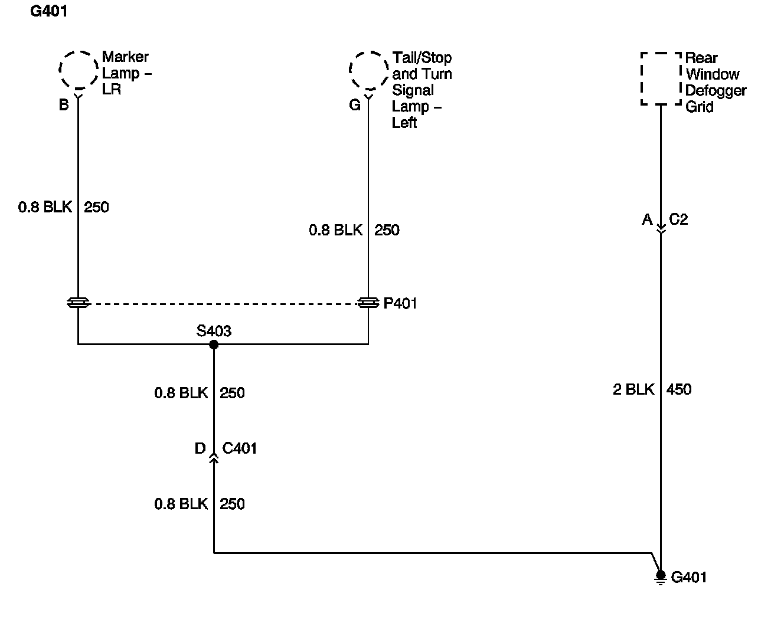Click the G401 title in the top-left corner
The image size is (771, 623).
(48, 12)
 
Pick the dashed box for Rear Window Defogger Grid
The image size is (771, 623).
(661, 79)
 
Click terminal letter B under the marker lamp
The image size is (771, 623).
(64, 105)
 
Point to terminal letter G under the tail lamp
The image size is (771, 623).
(354, 105)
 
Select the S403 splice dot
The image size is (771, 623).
(214, 345)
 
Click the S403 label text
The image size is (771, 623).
(214, 331)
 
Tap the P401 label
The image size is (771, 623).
(400, 303)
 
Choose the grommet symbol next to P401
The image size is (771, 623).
(368, 303)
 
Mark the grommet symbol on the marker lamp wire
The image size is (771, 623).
(78, 303)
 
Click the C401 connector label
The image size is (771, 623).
(239, 448)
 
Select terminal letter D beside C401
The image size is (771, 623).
(200, 448)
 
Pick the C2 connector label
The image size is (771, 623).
(678, 219)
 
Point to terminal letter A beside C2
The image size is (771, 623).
(647, 219)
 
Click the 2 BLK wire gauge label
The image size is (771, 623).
(633, 389)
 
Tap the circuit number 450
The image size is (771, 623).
(679, 389)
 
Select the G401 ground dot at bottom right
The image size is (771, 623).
(661, 575)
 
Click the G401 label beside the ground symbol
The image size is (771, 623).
(689, 577)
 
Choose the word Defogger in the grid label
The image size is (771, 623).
(716, 91)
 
